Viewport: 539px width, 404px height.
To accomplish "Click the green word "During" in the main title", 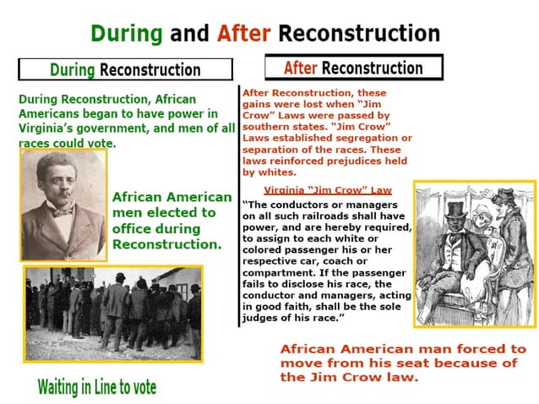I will tap(127, 34).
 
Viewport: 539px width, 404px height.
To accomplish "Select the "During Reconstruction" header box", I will tap(125, 69).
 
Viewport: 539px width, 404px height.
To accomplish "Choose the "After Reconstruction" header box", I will tap(353, 68).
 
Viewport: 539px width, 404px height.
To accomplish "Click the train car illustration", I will tap(474, 254).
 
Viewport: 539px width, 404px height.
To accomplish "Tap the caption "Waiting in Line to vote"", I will tap(97, 387).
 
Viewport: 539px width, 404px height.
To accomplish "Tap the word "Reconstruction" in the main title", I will tap(359, 34).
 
